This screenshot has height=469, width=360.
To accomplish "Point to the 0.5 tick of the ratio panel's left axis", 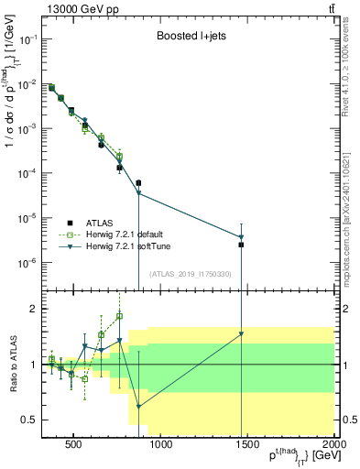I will [32, 420].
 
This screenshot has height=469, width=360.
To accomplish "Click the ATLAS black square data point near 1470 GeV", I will [241, 245].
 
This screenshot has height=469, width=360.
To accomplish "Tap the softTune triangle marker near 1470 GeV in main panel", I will [241, 237].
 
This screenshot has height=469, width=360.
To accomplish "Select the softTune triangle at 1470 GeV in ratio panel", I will [241, 333].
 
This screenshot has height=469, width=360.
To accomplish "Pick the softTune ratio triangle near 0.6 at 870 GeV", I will [138, 406].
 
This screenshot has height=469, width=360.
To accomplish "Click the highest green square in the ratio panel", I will [119, 316].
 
